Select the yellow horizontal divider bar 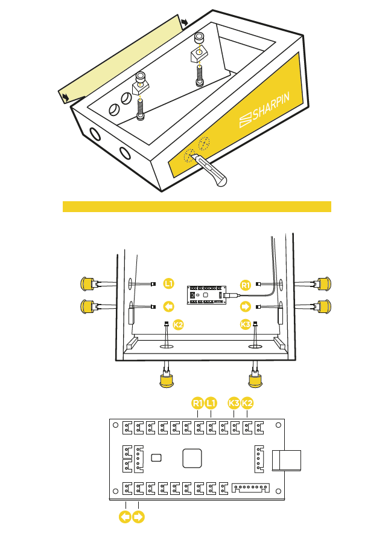point(197,207)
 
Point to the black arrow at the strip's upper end point(184,22)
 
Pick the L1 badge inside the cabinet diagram point(169,283)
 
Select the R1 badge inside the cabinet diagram point(245,285)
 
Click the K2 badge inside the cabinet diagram point(178,325)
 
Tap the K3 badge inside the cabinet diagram point(245,325)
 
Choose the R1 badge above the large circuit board point(198,402)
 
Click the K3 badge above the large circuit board point(234,402)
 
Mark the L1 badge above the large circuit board point(211,402)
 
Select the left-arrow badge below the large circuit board point(125,517)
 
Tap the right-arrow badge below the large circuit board point(138,517)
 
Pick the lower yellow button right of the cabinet point(322,307)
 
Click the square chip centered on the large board point(192,457)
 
